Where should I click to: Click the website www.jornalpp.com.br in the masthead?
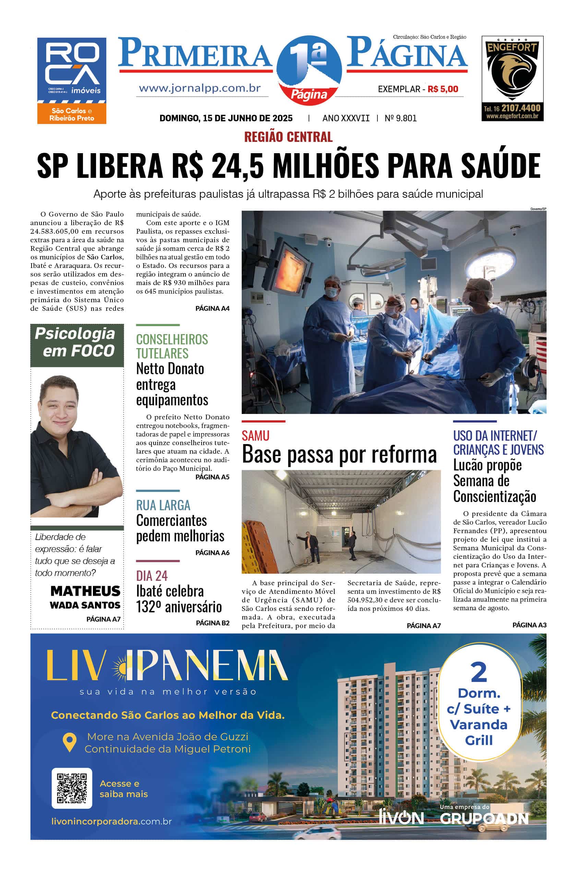click(x=200, y=88)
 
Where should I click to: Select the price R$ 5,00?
click(x=443, y=89)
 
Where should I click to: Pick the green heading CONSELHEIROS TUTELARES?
click(x=172, y=346)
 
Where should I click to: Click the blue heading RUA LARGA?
click(x=163, y=505)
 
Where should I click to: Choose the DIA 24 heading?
click(x=152, y=575)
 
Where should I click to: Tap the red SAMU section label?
click(x=255, y=436)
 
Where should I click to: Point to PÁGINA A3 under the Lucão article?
click(x=529, y=625)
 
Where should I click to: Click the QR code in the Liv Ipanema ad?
click(x=72, y=788)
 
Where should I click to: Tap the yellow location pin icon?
click(x=70, y=742)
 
